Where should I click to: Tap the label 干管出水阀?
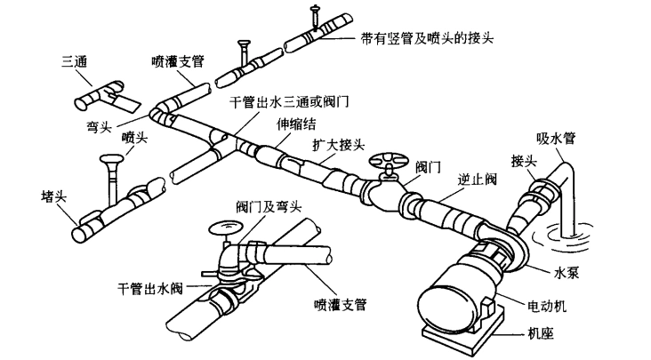pyautogui.click(x=151, y=289)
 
